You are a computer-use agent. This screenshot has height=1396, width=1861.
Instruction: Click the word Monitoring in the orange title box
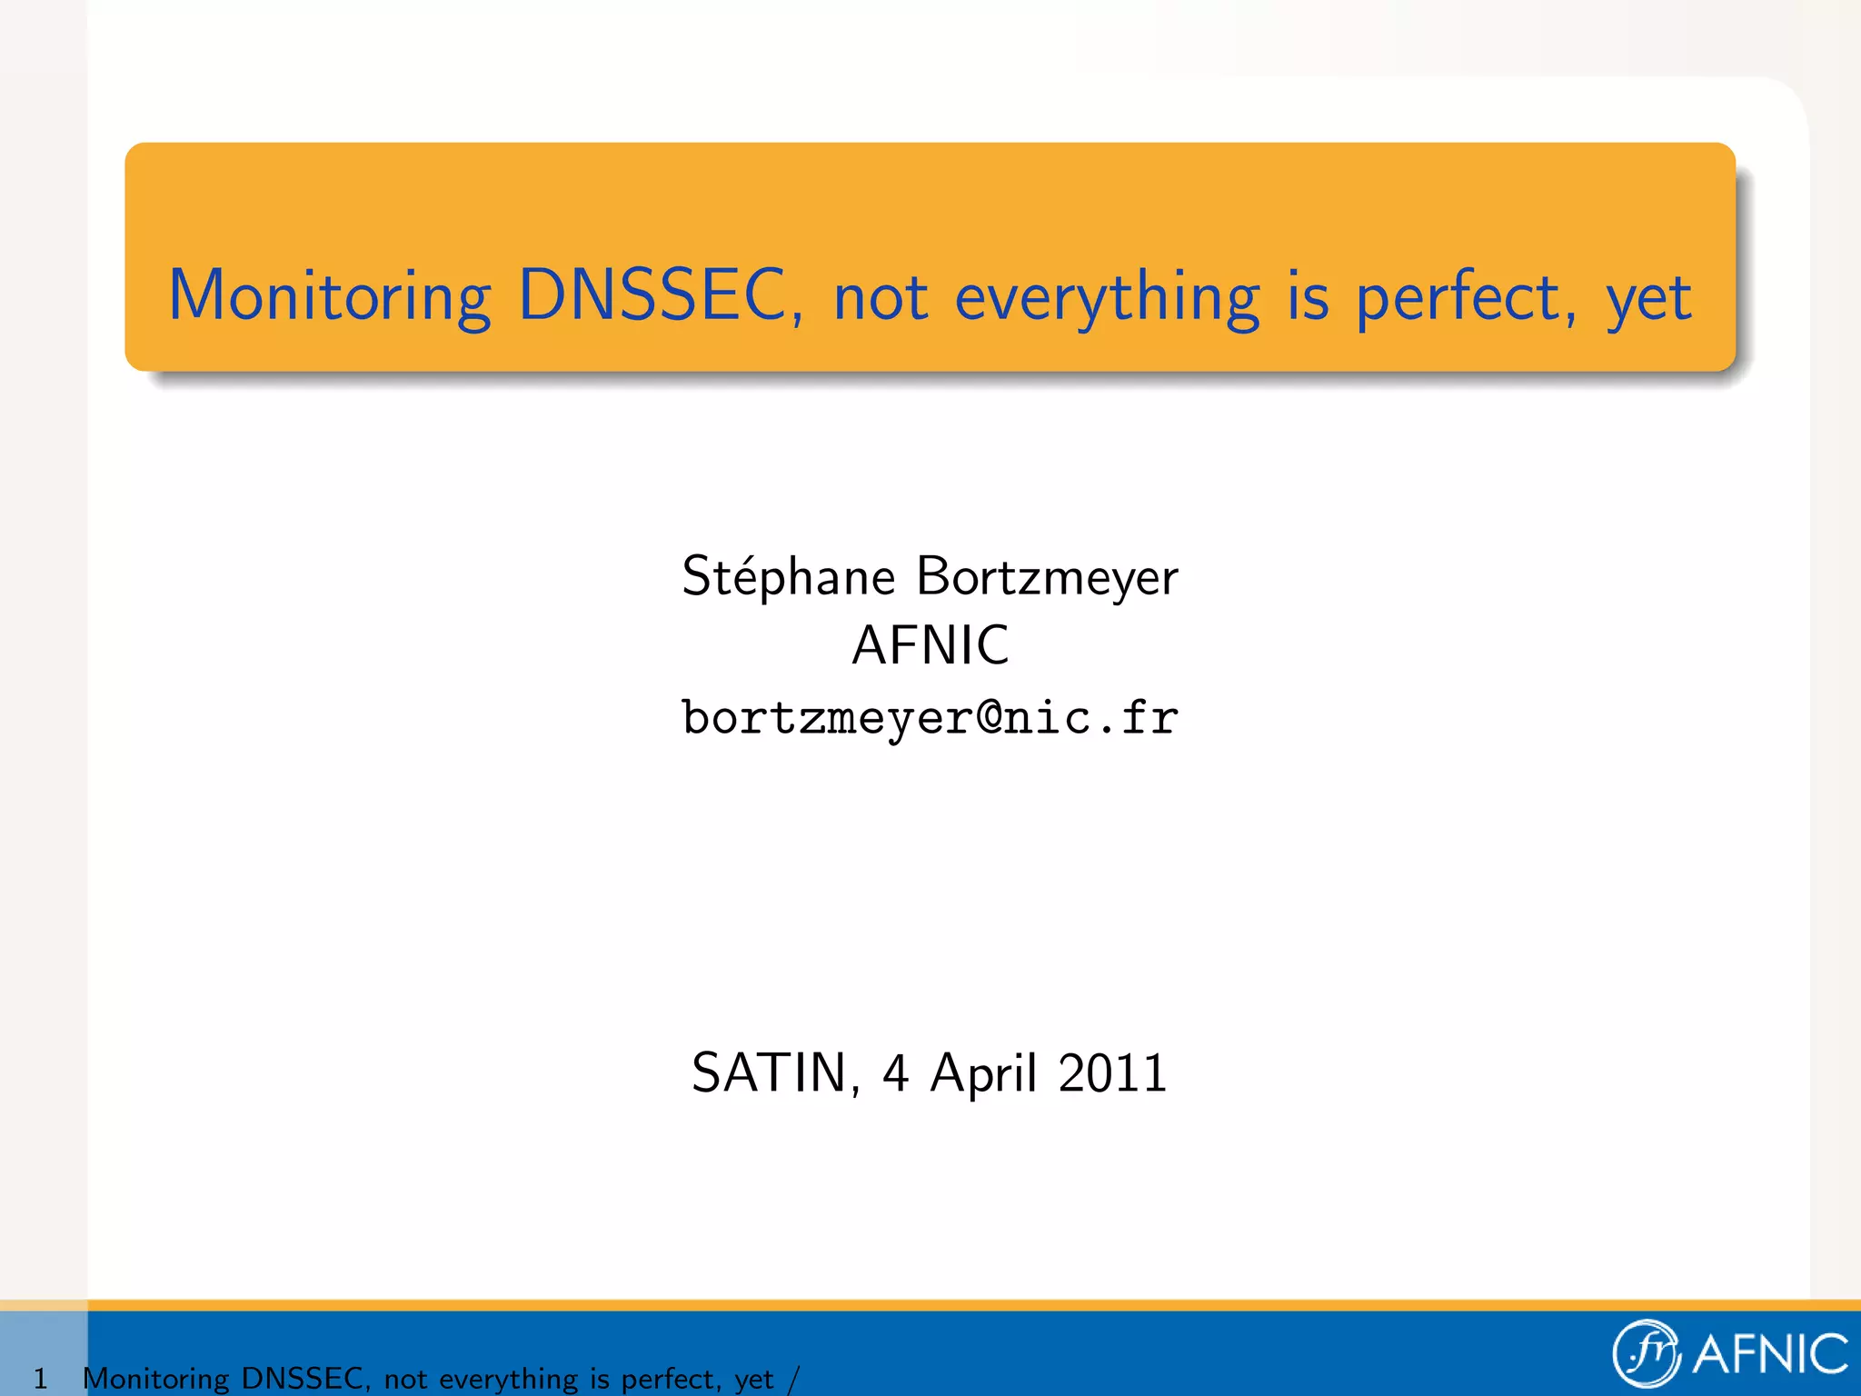(329, 296)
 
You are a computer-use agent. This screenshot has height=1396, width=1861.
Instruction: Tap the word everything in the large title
(1107, 298)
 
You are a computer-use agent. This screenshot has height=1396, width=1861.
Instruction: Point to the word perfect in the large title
(1465, 298)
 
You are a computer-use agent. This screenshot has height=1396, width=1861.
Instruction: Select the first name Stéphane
(788, 578)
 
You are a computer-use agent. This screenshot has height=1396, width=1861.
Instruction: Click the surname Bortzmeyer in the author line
(1047, 578)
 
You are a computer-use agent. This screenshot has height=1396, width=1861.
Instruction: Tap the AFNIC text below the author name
(930, 645)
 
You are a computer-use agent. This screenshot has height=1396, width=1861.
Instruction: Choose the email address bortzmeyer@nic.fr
(930, 718)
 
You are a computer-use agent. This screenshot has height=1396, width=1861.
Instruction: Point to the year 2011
(1112, 1073)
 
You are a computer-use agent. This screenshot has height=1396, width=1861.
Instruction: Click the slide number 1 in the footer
(40, 1379)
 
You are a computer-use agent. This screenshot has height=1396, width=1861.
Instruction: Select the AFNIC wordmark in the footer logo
(1770, 1354)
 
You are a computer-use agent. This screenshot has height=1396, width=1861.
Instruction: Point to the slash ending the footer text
(793, 1379)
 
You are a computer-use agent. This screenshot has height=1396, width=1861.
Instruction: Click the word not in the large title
(881, 298)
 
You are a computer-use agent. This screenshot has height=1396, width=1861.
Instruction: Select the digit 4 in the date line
(895, 1073)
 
